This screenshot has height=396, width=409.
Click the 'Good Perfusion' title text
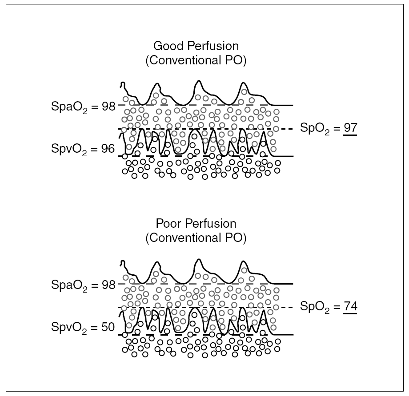click(x=196, y=46)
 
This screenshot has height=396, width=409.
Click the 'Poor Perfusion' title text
click(x=196, y=223)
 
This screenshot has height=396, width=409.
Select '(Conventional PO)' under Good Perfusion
click(x=196, y=61)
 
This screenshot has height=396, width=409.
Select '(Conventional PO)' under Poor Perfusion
click(x=196, y=238)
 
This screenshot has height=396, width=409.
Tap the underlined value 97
click(x=350, y=128)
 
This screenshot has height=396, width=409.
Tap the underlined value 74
click(x=350, y=306)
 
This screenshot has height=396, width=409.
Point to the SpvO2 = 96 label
click(x=83, y=149)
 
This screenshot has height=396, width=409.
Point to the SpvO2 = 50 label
click(x=83, y=328)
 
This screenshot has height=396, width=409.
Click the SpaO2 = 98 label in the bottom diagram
click(x=83, y=285)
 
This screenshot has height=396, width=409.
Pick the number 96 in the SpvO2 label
click(x=108, y=149)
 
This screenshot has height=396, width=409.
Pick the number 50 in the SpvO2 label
click(x=108, y=327)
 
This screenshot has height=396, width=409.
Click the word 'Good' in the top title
click(x=166, y=46)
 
